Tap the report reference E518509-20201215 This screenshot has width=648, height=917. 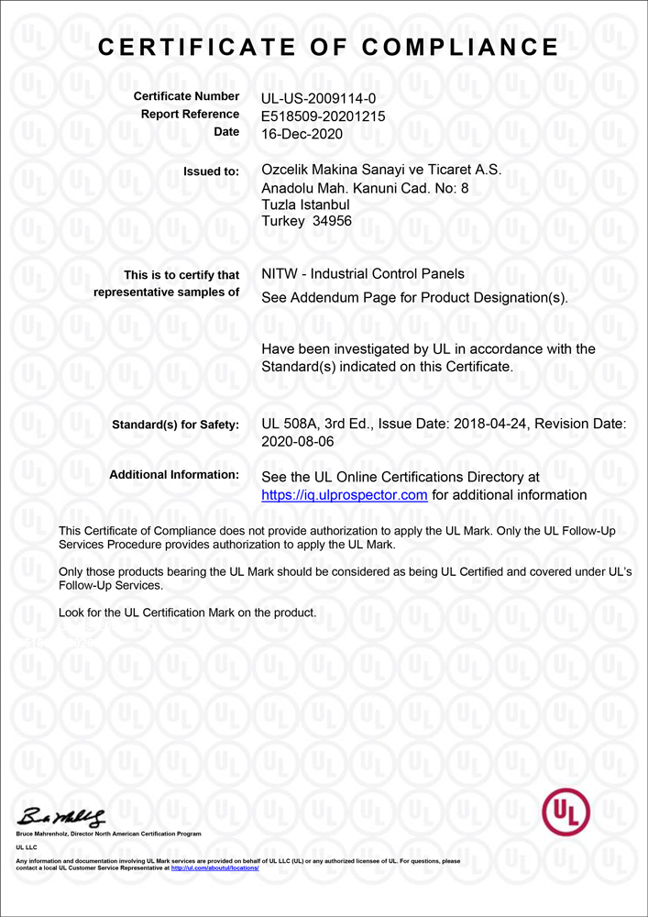pyautogui.click(x=323, y=116)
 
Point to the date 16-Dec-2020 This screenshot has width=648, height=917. pyautogui.click(x=302, y=133)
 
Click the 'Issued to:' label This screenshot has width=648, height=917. pyautogui.click(x=212, y=171)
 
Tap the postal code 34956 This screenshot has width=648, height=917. pyautogui.click(x=332, y=221)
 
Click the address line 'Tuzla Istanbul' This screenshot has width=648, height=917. pyautogui.click(x=305, y=204)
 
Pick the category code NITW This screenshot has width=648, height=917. pyautogui.click(x=280, y=274)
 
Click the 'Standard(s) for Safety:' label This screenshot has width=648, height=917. pyautogui.click(x=175, y=425)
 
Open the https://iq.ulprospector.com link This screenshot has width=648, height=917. pyautogui.click(x=345, y=495)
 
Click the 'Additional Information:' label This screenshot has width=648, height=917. pyautogui.click(x=174, y=475)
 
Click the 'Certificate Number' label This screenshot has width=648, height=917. pyautogui.click(x=186, y=96)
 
